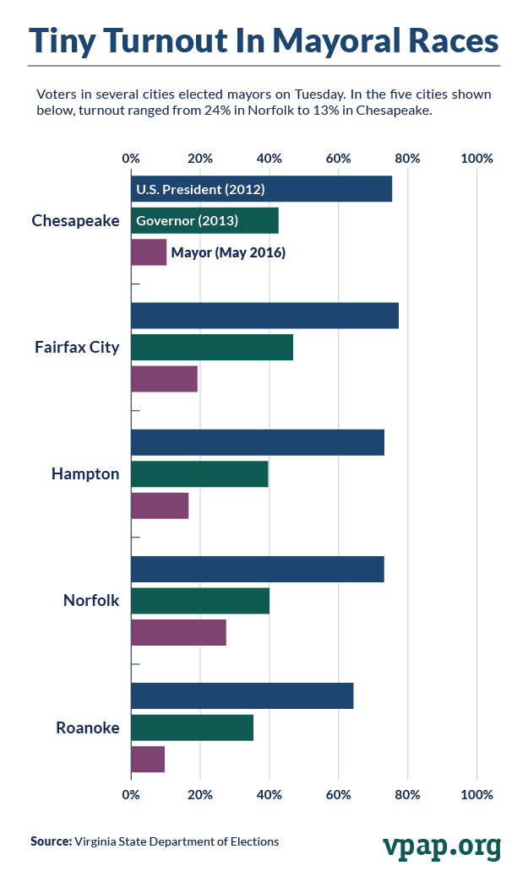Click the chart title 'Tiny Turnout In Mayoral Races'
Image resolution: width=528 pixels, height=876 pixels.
264,40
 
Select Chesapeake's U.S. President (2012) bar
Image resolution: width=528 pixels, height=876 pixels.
261,189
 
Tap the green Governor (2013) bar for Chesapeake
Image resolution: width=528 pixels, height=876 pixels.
204,221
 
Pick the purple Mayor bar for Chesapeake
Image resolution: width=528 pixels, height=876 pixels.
149,252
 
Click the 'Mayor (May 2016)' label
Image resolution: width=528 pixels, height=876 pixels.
228,252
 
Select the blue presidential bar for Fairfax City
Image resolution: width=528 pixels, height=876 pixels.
264,316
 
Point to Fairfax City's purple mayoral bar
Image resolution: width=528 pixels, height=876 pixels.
164,379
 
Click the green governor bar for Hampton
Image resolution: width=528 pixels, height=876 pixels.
199,474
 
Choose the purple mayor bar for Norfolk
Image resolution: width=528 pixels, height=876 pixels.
178,632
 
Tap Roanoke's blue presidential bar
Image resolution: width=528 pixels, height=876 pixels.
242,696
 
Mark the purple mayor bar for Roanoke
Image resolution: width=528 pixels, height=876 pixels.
148,759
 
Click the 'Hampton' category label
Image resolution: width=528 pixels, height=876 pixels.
85,474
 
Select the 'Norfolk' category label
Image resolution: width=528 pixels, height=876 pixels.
91,601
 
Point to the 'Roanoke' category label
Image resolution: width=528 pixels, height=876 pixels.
88,727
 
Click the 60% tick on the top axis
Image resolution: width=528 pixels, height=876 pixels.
339,159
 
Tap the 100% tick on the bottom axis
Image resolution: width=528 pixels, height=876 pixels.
477,794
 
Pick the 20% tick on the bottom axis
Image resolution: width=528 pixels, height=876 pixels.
200,794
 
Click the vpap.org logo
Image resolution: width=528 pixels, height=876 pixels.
441,844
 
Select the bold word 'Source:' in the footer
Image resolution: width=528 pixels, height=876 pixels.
51,841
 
